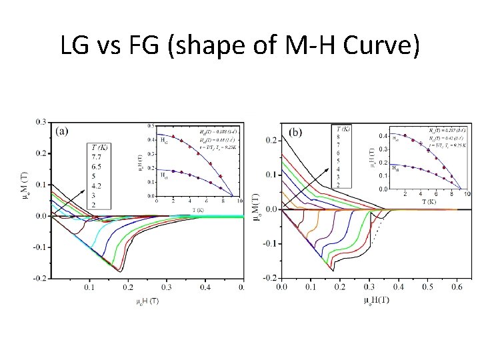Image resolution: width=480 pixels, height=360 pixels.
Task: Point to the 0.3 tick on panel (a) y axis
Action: [41, 122]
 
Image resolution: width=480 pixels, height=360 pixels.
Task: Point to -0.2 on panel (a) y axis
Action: [39, 278]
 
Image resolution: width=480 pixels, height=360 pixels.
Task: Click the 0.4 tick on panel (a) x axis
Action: [205, 287]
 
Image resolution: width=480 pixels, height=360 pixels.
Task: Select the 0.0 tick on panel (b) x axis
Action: [281, 287]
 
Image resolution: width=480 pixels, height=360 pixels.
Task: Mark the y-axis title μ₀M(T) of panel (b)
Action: [255, 200]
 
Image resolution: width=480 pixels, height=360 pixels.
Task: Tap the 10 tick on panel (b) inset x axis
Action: [466, 194]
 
